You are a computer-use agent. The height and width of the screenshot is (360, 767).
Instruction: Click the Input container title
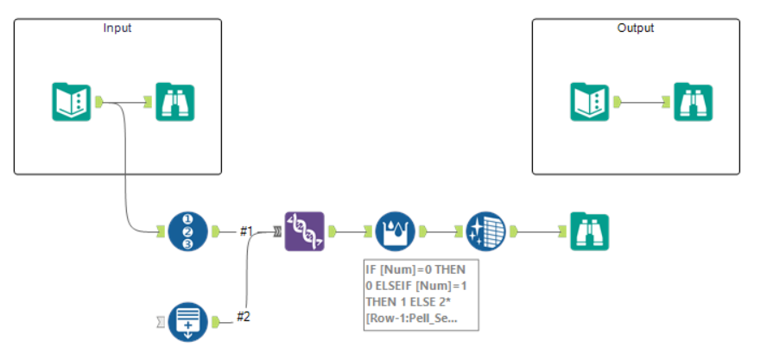117,28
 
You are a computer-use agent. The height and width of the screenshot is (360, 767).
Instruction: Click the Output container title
636,28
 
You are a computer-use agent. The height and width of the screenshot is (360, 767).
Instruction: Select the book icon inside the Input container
71,102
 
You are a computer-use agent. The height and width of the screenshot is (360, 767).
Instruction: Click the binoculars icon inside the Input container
175,102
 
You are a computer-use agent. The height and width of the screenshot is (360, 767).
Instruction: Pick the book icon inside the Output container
589,102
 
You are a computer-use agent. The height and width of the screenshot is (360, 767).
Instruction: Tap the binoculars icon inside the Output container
694,102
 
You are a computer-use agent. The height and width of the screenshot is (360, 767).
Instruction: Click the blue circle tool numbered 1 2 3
188,231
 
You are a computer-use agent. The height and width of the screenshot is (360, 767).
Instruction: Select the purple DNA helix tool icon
304,231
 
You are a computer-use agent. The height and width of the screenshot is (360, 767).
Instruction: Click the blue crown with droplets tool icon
396,231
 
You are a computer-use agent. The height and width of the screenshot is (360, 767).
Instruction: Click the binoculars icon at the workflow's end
590,231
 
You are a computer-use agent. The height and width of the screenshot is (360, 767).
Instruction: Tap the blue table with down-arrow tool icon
188,320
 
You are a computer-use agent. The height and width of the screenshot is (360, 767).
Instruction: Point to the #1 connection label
247,231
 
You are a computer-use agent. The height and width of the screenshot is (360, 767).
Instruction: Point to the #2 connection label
244,318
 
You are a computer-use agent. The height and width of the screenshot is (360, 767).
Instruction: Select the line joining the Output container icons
641,102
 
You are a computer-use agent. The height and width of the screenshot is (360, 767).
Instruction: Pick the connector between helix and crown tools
348,231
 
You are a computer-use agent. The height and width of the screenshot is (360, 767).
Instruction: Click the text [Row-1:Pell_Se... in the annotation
411,319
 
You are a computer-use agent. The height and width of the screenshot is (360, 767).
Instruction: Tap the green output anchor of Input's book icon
98,102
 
